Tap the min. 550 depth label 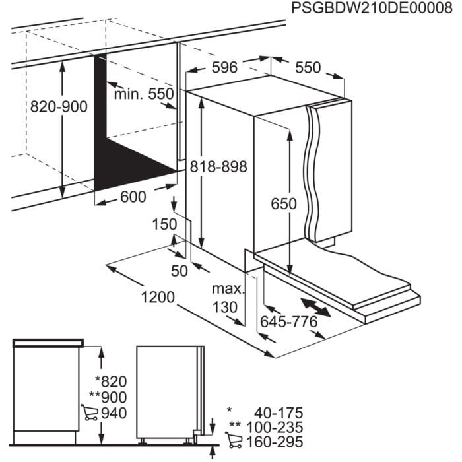pos(143,94)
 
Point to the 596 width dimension pos(224,68)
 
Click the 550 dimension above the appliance pos(308,68)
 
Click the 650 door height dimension pos(284,205)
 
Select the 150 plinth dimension pos(165,224)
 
